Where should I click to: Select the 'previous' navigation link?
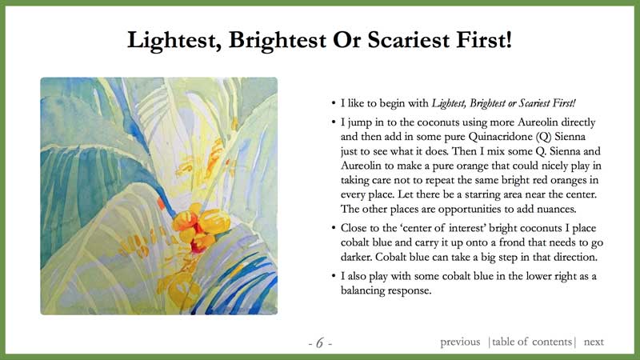click(460, 342)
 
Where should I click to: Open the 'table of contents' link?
click(532, 342)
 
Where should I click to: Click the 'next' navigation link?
click(594, 342)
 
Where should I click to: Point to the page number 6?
click(319, 343)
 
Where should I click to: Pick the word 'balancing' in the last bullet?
click(363, 291)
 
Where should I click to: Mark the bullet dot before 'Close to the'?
click(334, 228)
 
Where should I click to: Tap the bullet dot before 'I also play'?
click(334, 276)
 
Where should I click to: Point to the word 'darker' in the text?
click(356, 257)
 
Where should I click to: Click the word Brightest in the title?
click(277, 41)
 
